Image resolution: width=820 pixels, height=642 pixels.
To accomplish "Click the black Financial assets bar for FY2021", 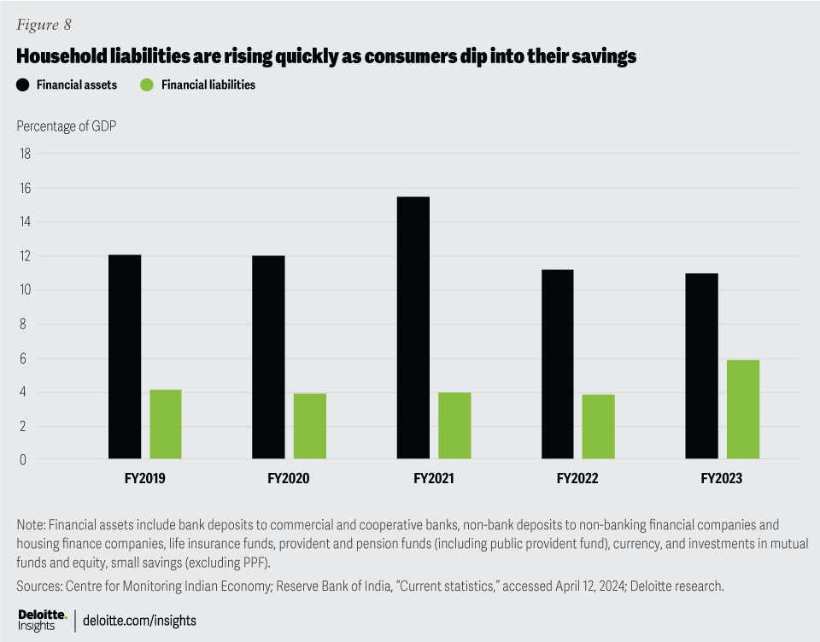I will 413,329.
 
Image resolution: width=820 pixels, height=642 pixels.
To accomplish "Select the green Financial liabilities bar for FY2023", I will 743,410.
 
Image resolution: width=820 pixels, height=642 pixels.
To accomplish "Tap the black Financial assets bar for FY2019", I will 125,358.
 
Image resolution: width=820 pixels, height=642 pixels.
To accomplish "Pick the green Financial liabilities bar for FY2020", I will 310,427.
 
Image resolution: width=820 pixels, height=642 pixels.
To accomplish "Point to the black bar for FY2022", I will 557,365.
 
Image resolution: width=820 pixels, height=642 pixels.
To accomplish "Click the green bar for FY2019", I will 166,424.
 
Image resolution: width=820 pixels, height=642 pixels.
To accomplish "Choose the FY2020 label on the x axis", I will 289,480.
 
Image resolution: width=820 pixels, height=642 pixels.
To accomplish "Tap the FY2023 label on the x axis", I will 722,480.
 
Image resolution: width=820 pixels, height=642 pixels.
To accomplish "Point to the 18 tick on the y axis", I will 25,154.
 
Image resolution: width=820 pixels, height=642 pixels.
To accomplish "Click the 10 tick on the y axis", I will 25,290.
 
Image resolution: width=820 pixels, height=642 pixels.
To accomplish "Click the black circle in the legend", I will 23,85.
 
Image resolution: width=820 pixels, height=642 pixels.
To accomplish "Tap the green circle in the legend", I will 146,85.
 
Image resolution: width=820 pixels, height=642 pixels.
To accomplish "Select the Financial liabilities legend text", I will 208,85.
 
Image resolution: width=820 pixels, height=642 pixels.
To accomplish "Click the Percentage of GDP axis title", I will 67,126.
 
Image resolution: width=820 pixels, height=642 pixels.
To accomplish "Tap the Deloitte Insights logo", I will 42,621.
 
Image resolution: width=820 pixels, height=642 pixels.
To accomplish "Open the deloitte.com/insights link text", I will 140,621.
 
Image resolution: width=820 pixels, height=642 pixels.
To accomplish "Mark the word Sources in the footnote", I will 38,586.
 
